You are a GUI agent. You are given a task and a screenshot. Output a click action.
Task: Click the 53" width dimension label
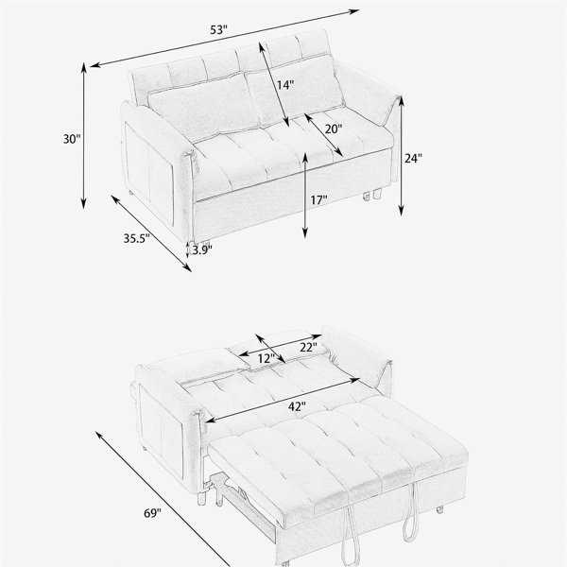[x=219, y=29]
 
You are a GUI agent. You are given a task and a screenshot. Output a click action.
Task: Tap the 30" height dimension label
[x=72, y=139]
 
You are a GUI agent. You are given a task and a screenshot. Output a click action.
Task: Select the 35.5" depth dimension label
[x=137, y=238]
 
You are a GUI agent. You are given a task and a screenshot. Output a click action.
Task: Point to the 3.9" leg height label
[x=202, y=249]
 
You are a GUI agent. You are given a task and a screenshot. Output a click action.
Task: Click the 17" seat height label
[x=318, y=199]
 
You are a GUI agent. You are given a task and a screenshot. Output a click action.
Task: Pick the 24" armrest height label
[x=413, y=159]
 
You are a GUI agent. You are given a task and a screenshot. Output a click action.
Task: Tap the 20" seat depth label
[x=333, y=129]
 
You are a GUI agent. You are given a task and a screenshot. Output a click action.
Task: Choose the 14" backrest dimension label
[x=285, y=85]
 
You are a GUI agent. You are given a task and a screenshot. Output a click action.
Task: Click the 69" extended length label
[x=152, y=513]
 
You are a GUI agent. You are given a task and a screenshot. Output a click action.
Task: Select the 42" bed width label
[x=297, y=406]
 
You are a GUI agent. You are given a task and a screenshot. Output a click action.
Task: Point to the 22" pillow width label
[x=308, y=347]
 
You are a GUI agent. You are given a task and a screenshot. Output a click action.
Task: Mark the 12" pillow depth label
[x=266, y=359]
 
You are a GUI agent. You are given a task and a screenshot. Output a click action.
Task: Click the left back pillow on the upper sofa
[x=203, y=107]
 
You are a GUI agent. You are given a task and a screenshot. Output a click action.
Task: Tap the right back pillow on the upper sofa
[x=295, y=90]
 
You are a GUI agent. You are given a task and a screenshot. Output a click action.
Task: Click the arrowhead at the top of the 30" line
[x=83, y=67]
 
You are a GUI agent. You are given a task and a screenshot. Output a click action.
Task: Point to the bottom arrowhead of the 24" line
[x=401, y=211]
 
